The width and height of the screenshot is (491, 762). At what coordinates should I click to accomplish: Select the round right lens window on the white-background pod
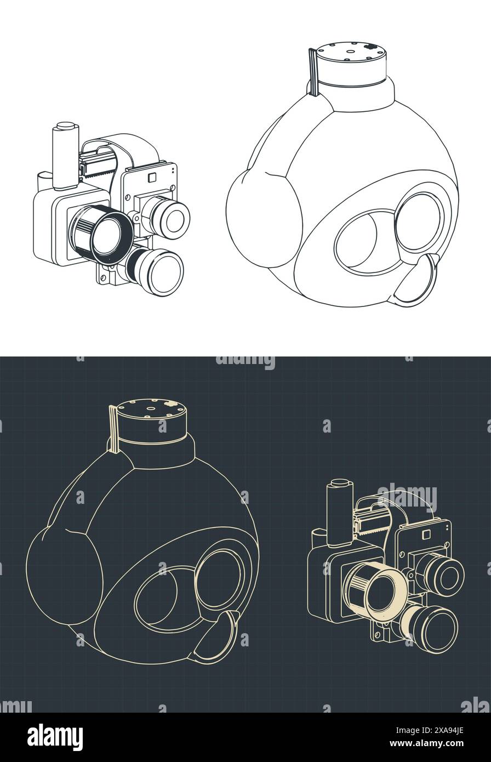click(x=418, y=223)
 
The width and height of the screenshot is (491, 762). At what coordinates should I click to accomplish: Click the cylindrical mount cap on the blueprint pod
click(x=152, y=419)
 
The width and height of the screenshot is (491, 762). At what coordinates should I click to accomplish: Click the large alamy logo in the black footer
click(x=55, y=737)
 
